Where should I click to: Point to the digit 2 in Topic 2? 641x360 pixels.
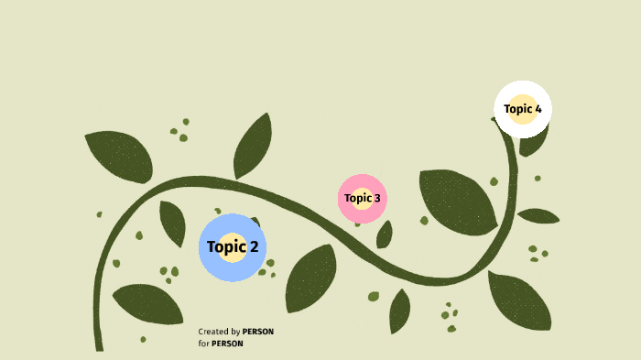[254, 246]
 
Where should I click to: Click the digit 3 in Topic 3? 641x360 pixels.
[376, 198]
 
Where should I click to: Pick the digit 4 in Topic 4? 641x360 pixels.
[538, 109]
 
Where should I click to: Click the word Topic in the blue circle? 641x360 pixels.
[226, 246]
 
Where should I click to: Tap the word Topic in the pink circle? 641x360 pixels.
[357, 198]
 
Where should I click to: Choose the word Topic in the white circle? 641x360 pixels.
[517, 109]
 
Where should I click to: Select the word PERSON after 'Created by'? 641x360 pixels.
[258, 332]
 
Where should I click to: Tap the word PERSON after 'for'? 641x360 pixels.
[227, 344]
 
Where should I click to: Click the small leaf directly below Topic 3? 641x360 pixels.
[385, 235]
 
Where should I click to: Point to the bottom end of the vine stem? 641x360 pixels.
[99, 346]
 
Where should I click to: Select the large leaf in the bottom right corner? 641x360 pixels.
[520, 301]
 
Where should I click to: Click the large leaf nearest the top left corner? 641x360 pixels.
[120, 155]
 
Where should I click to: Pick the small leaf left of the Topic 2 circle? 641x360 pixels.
[171, 222]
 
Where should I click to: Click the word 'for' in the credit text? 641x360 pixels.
[202, 344]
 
